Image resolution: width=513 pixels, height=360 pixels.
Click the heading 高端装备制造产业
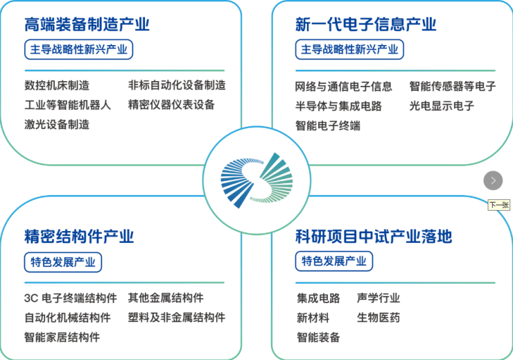pos(87,24)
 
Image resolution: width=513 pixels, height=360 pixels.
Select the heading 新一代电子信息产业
pos(366,24)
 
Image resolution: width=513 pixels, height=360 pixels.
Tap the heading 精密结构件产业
pos(79,237)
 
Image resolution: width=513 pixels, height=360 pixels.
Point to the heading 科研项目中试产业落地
pos(374,237)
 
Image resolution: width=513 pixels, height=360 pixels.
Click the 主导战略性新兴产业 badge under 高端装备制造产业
pos(78,49)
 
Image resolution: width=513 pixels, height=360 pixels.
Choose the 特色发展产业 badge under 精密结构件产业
pos(63,262)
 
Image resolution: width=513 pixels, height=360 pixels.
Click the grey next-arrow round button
pos(493,180)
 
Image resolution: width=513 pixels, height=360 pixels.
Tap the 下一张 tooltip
pos(499,205)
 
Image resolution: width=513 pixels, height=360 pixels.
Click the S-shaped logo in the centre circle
pos(256,180)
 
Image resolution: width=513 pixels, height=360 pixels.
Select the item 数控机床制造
pos(57,85)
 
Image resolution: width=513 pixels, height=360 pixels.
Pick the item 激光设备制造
pos(57,125)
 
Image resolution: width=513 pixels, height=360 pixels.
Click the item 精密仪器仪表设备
pos(171,105)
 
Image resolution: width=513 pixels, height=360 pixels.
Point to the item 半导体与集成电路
pos(338,106)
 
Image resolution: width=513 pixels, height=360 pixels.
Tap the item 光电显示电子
pos(442,106)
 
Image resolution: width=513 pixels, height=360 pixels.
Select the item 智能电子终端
pos(328,126)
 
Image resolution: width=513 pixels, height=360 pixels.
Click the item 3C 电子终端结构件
pos(71,298)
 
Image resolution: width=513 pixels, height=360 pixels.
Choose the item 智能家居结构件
pos(62,337)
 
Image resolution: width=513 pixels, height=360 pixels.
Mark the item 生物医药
pos(379,318)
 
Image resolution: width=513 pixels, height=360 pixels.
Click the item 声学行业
pos(379,298)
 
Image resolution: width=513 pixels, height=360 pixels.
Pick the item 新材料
pos(313,318)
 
